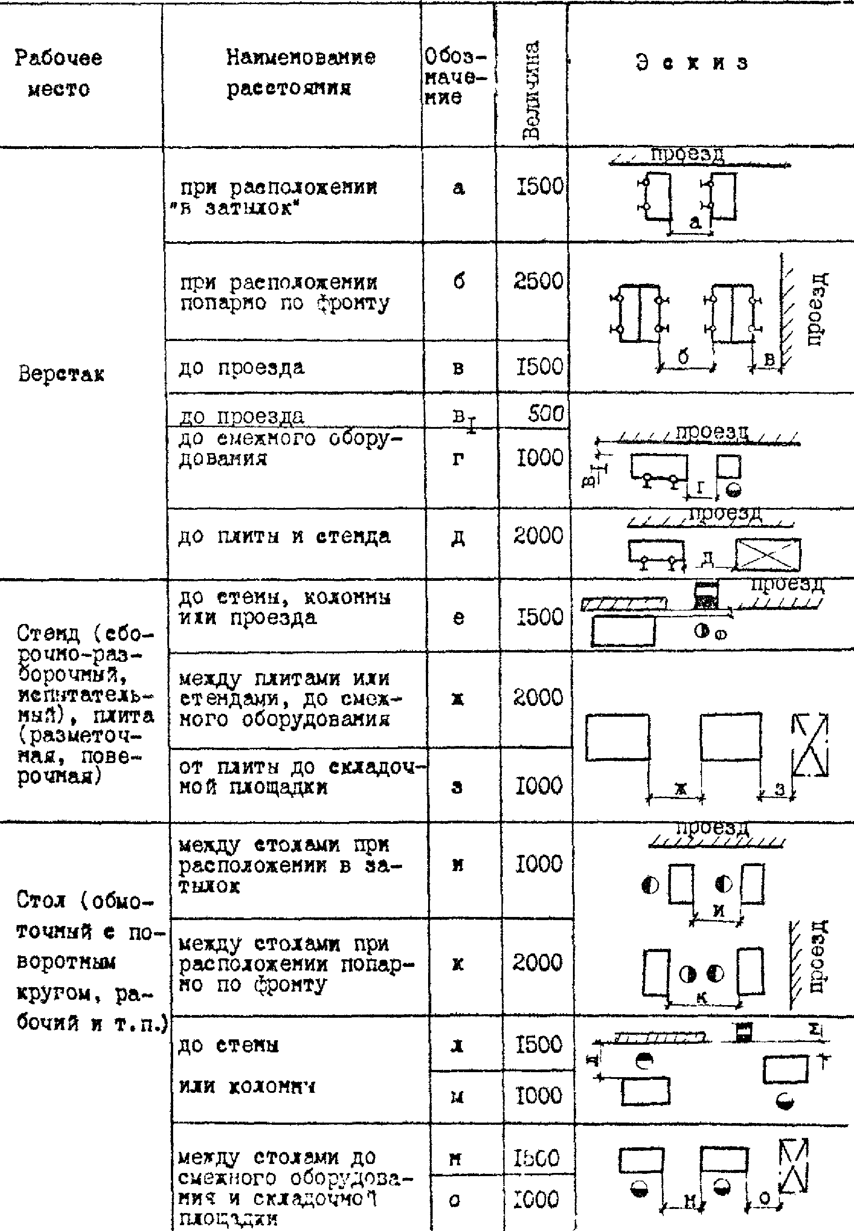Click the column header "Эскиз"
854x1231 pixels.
(691, 63)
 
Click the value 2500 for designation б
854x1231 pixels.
(538, 281)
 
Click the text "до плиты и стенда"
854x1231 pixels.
(285, 536)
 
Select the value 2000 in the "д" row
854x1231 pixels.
(538, 536)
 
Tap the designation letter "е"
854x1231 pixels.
(459, 618)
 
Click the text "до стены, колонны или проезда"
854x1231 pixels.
(285, 607)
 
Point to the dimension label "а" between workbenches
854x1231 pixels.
(694, 223)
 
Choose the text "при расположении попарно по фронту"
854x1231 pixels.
(285, 292)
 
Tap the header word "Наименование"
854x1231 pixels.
(300, 57)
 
